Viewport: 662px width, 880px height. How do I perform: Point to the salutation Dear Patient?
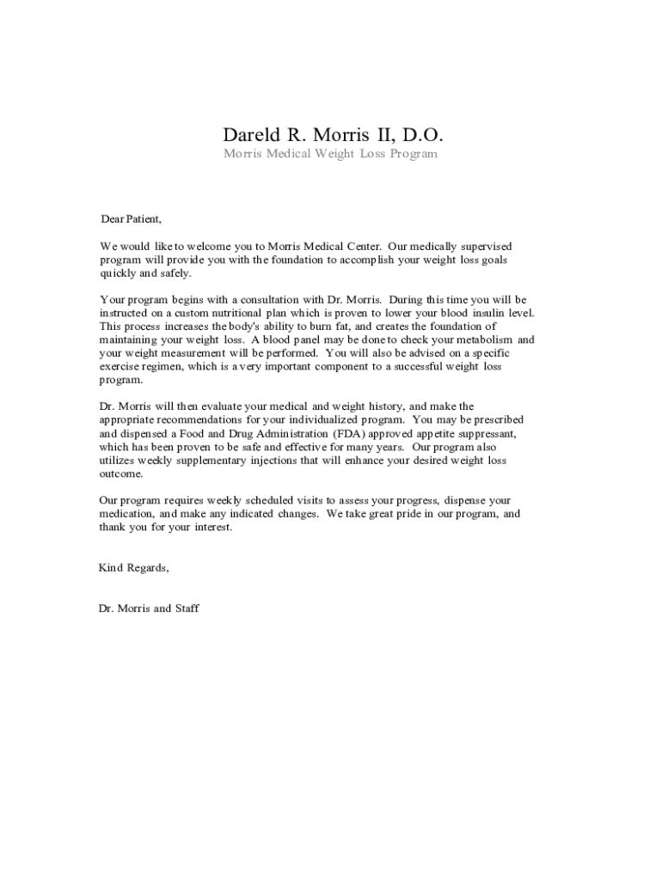(131, 219)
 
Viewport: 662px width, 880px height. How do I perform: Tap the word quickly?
(117, 273)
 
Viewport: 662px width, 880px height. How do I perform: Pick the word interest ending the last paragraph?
(212, 528)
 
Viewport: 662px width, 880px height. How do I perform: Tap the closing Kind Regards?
(134, 568)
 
